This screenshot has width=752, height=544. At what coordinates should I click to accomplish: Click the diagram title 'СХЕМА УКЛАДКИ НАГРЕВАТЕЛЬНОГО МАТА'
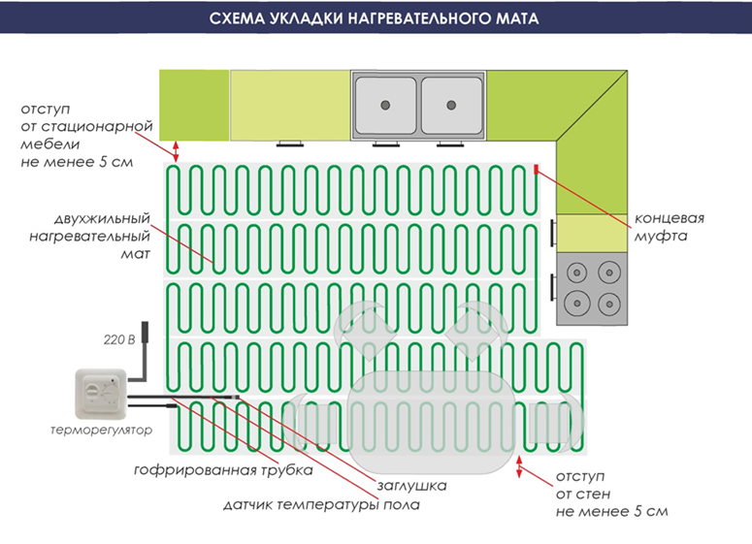[x=376, y=18]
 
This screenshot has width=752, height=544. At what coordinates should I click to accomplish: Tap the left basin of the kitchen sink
[x=386, y=103]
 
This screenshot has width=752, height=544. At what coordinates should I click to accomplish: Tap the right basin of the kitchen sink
[x=452, y=103]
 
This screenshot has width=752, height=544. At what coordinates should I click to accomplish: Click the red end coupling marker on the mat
[x=535, y=171]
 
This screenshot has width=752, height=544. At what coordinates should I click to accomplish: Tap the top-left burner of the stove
[x=577, y=272]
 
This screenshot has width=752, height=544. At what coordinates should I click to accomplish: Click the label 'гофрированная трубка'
[x=223, y=471]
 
